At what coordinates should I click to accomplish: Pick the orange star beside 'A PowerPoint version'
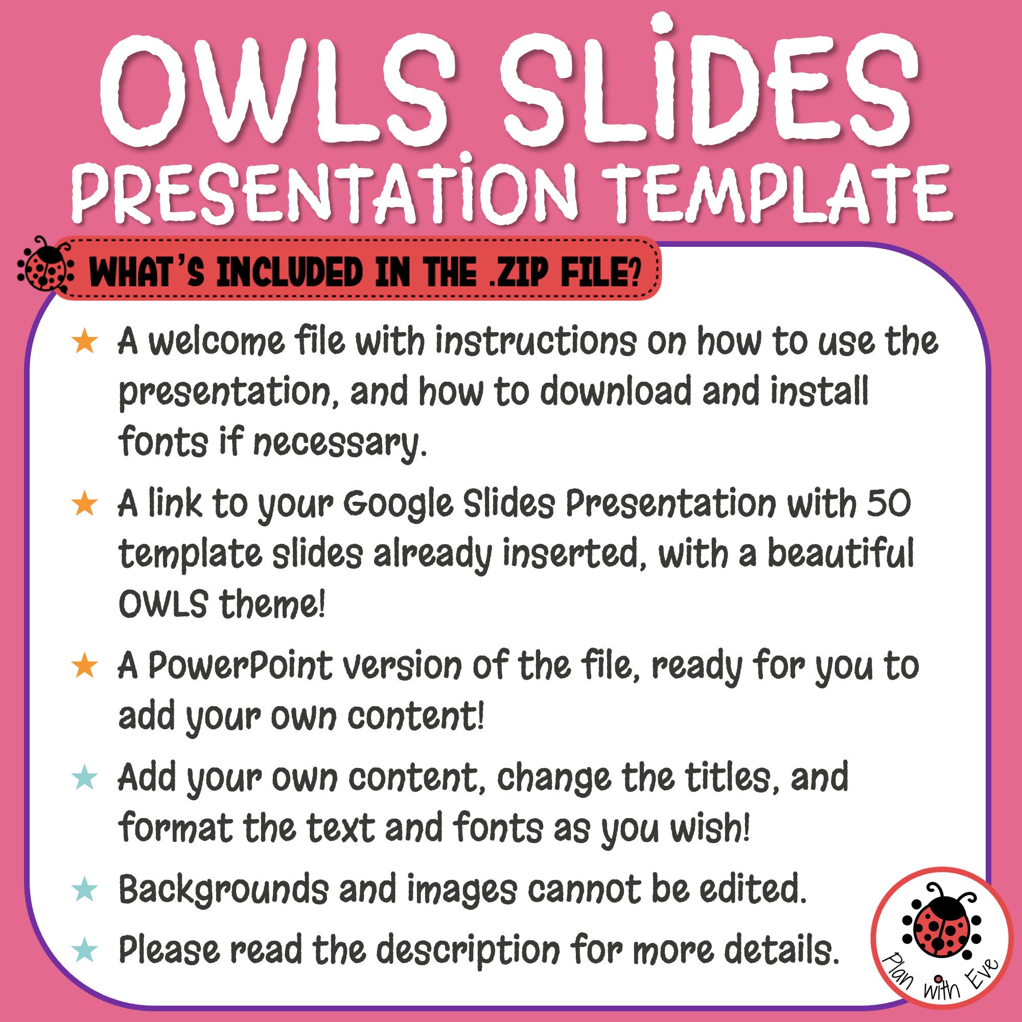(x=85, y=666)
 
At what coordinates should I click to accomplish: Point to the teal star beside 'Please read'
(x=85, y=949)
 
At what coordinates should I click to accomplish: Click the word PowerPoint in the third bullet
(x=240, y=666)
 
